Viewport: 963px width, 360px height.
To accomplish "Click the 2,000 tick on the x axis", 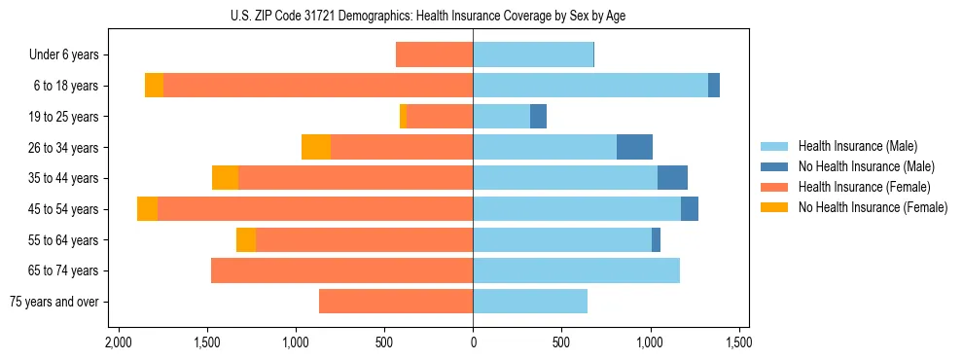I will [118, 342].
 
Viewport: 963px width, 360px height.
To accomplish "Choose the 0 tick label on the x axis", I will [473, 342].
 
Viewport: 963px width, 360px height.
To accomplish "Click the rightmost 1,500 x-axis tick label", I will [738, 342].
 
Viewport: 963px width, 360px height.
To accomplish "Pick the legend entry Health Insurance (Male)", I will [857, 146].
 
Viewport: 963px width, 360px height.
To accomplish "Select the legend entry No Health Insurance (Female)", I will [873, 207].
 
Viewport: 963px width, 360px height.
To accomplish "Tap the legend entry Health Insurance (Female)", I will [864, 187].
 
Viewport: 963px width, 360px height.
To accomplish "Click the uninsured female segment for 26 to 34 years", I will [316, 147].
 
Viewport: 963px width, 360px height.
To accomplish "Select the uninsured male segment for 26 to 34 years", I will [634, 147].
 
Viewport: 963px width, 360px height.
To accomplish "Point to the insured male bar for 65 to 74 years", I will [576, 270].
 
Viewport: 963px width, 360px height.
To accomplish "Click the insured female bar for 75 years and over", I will [396, 302].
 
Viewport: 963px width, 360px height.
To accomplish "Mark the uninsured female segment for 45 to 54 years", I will [147, 209].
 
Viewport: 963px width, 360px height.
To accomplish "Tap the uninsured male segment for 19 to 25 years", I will [538, 117].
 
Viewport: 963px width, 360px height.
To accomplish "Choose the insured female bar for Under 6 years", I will [434, 54].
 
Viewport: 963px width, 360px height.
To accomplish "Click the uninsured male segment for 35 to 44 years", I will [672, 178].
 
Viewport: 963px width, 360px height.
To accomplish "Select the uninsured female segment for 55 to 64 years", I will [246, 240].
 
